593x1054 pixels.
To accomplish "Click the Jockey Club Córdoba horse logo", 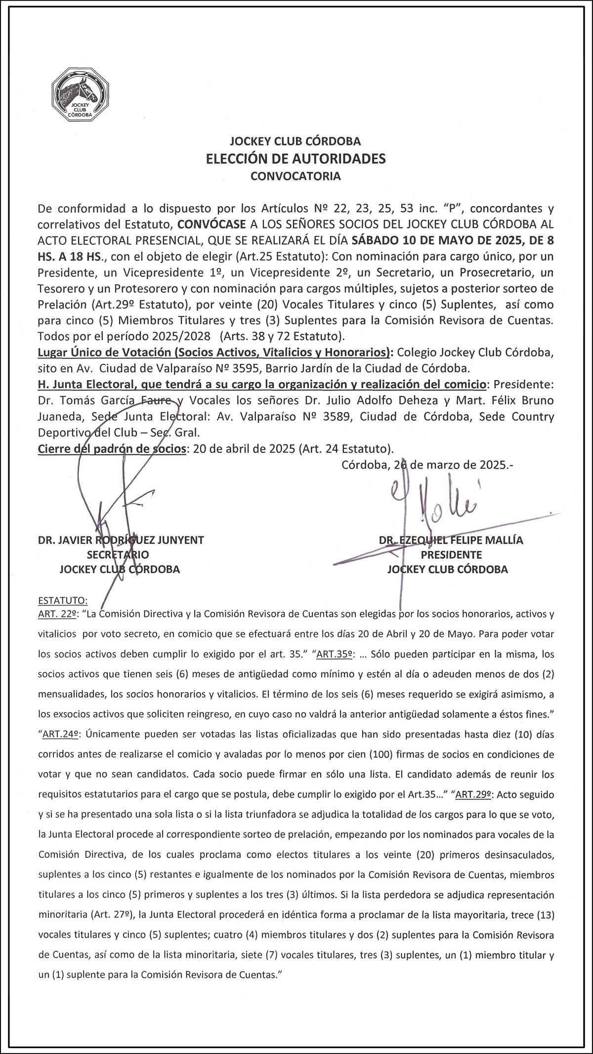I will (81, 94).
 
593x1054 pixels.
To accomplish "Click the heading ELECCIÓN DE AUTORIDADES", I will (296, 159).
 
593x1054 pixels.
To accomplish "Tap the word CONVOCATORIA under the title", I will (296, 176).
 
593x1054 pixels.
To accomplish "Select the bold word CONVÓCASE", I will (212, 224).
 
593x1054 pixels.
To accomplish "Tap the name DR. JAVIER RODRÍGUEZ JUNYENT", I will (121, 540).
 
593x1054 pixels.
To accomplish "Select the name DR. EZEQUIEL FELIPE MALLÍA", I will (451, 540).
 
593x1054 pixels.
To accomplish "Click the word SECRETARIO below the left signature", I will (118, 555).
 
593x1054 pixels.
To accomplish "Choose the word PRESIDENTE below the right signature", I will (451, 555).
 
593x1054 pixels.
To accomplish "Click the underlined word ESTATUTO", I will (63, 601).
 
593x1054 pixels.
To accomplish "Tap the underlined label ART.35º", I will (335, 655).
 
